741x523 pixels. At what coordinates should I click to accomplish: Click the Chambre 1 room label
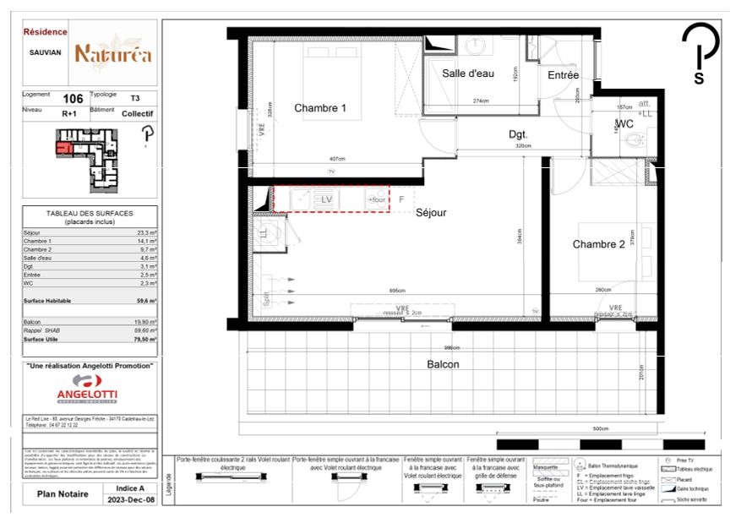tap(319, 108)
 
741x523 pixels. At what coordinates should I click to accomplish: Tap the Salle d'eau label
tap(467, 74)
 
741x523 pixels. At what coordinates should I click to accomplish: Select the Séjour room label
tap(430, 213)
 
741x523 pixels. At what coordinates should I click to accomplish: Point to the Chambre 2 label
tap(598, 245)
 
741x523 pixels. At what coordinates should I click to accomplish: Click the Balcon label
tap(443, 365)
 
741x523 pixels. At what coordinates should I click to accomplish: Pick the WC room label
tap(624, 124)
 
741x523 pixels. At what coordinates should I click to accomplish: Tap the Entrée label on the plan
tap(563, 75)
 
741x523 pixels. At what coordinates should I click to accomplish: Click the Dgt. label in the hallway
tap(518, 134)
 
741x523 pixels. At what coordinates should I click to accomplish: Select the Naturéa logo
tap(113, 54)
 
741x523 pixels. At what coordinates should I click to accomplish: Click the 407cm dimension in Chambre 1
tap(336, 159)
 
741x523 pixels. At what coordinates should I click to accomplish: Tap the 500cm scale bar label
tap(600, 429)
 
